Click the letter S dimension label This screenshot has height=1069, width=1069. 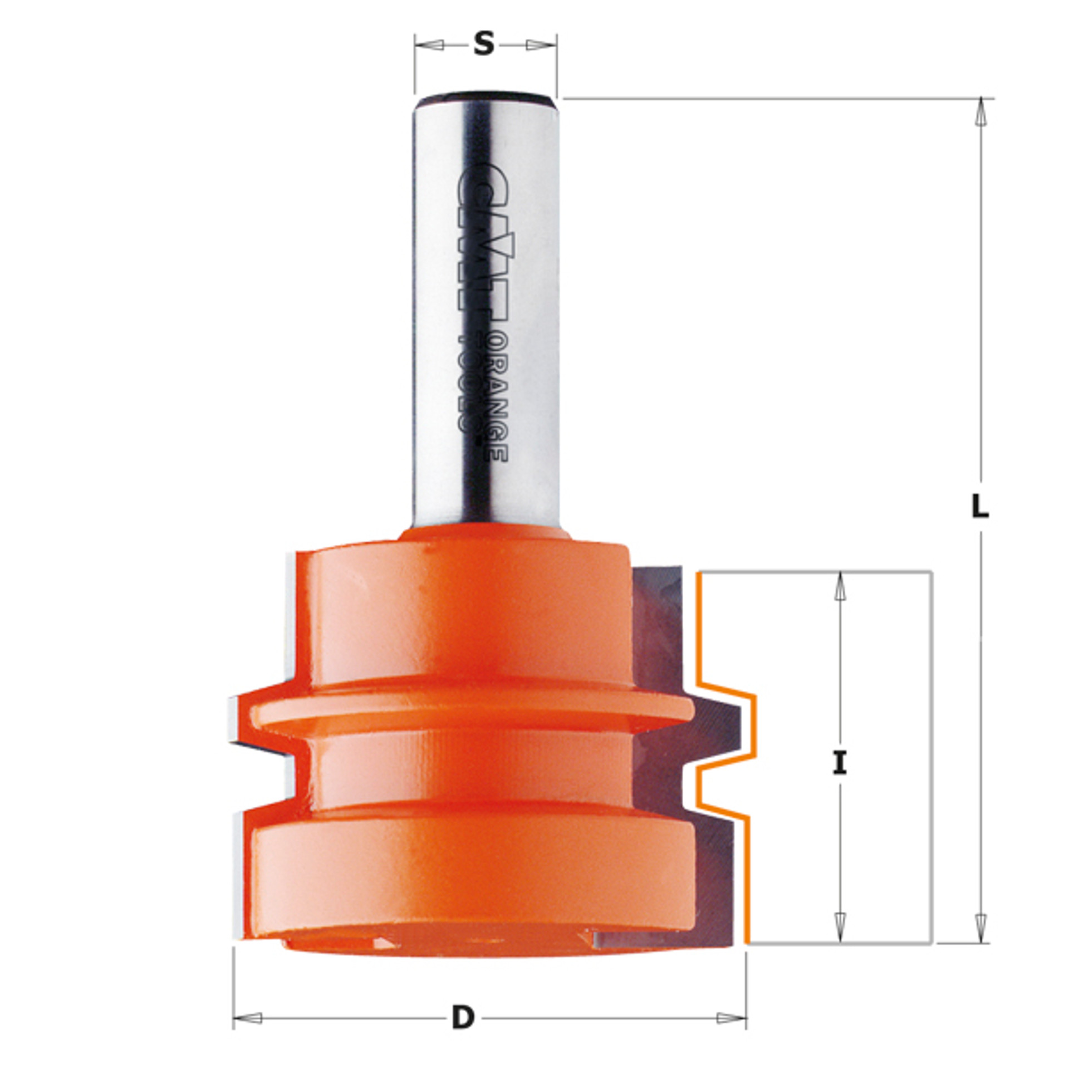coord(484,44)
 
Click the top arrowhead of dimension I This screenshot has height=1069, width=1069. coord(840,587)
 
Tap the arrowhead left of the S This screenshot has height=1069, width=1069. coord(431,45)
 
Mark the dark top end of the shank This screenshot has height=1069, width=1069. coord(484,101)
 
